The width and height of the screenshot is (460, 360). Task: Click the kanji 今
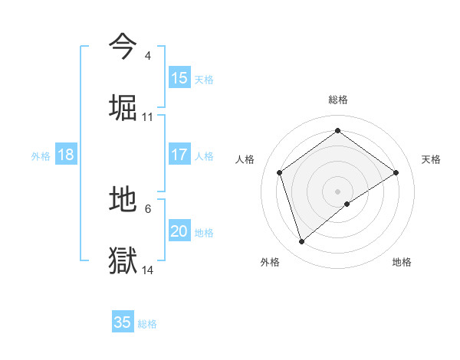coord(123,46)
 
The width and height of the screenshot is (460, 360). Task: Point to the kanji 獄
coord(123,260)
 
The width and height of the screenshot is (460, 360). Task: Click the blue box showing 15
coord(179,78)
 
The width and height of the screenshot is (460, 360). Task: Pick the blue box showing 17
coord(179,155)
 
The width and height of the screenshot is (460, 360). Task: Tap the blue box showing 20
coord(179,232)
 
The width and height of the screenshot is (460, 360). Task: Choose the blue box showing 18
coord(66,155)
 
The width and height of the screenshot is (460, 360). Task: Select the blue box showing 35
coord(123,322)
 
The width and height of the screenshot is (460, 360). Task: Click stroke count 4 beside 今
coord(147,56)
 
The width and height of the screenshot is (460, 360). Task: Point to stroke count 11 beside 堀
coord(148,117)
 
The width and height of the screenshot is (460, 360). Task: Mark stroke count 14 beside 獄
coord(148,270)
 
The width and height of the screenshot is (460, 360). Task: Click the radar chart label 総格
coord(338,100)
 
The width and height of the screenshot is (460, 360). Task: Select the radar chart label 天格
coord(431,159)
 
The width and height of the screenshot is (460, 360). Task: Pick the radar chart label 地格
coord(402,262)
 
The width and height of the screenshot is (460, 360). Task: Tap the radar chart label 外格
coord(270,262)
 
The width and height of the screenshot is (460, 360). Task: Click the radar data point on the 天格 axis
coord(396,172)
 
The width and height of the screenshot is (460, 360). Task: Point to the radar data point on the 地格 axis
coord(347,204)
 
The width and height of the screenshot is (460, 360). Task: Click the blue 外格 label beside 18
coord(41,156)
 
